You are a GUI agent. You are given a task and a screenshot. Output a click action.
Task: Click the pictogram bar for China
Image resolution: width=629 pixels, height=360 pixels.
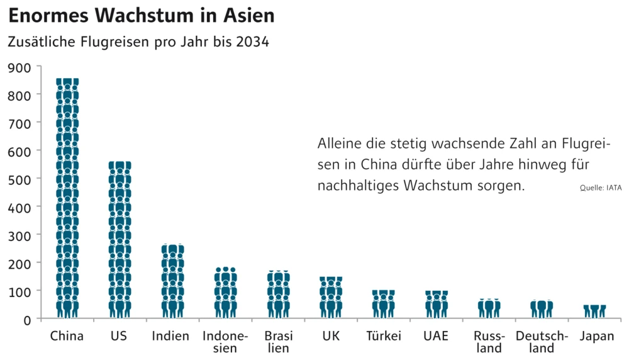click(x=67, y=198)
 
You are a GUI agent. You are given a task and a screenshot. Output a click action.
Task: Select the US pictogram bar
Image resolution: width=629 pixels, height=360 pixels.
click(x=120, y=239)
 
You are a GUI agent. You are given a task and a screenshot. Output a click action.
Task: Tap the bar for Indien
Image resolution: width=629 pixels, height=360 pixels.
click(x=172, y=281)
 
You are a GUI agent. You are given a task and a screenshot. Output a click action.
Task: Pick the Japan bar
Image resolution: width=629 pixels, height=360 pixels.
click(x=594, y=312)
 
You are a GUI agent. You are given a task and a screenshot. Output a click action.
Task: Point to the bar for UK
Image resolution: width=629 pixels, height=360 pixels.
click(x=331, y=297)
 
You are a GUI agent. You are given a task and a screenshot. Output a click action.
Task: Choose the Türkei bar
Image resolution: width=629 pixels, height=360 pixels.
click(x=384, y=303)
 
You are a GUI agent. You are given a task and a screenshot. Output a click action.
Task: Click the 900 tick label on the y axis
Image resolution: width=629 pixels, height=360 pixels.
click(x=19, y=67)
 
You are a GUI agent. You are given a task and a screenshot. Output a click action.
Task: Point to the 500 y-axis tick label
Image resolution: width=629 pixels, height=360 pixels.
click(x=19, y=179)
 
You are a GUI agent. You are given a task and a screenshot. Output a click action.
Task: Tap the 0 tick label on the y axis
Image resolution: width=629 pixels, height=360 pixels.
click(x=28, y=319)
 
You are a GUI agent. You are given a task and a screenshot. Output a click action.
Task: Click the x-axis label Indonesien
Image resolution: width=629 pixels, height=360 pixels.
click(x=225, y=342)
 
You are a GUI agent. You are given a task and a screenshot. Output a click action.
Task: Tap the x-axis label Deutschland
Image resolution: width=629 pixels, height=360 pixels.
click(x=542, y=342)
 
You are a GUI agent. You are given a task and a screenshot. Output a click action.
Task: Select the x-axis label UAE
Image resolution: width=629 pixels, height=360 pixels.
click(x=436, y=336)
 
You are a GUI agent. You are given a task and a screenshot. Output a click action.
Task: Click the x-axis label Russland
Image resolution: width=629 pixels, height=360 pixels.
click(x=489, y=342)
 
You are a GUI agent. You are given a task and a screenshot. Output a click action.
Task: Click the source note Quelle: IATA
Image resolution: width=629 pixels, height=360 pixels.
click(x=600, y=188)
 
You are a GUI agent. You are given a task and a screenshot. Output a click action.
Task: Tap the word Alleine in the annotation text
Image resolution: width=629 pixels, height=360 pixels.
click(x=338, y=143)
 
